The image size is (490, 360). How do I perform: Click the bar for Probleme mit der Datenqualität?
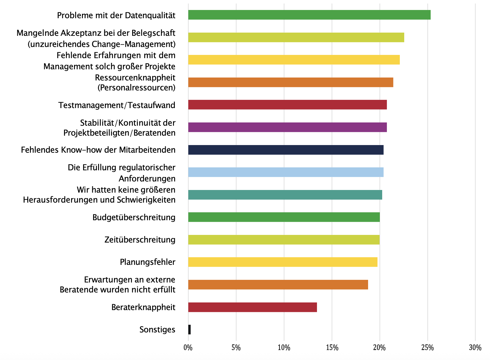coord(309,15)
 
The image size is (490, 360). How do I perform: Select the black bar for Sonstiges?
coord(189,329)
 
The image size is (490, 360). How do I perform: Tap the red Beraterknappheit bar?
coord(252,307)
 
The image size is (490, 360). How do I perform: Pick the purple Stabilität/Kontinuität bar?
coord(287,127)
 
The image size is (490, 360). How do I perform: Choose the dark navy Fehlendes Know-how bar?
coord(286,150)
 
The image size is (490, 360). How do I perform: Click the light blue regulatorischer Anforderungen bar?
coord(286,172)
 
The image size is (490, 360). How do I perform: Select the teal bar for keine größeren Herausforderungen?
coord(285,195)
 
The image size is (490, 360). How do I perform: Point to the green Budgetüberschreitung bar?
coord(284,217)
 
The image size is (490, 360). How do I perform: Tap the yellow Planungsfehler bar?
coord(283,262)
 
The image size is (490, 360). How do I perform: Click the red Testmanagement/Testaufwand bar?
coord(287,105)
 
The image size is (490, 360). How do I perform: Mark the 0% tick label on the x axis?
coord(188,348)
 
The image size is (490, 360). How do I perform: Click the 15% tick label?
coord(332,348)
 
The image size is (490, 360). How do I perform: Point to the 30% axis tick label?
coord(475,348)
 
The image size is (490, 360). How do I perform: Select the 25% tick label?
coord(427,348)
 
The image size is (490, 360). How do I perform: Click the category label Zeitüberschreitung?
coord(140,240)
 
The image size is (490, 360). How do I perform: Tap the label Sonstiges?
coord(157,329)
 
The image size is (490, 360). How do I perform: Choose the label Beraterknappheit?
coord(143,307)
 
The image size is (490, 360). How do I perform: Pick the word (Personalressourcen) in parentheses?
coord(136,88)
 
